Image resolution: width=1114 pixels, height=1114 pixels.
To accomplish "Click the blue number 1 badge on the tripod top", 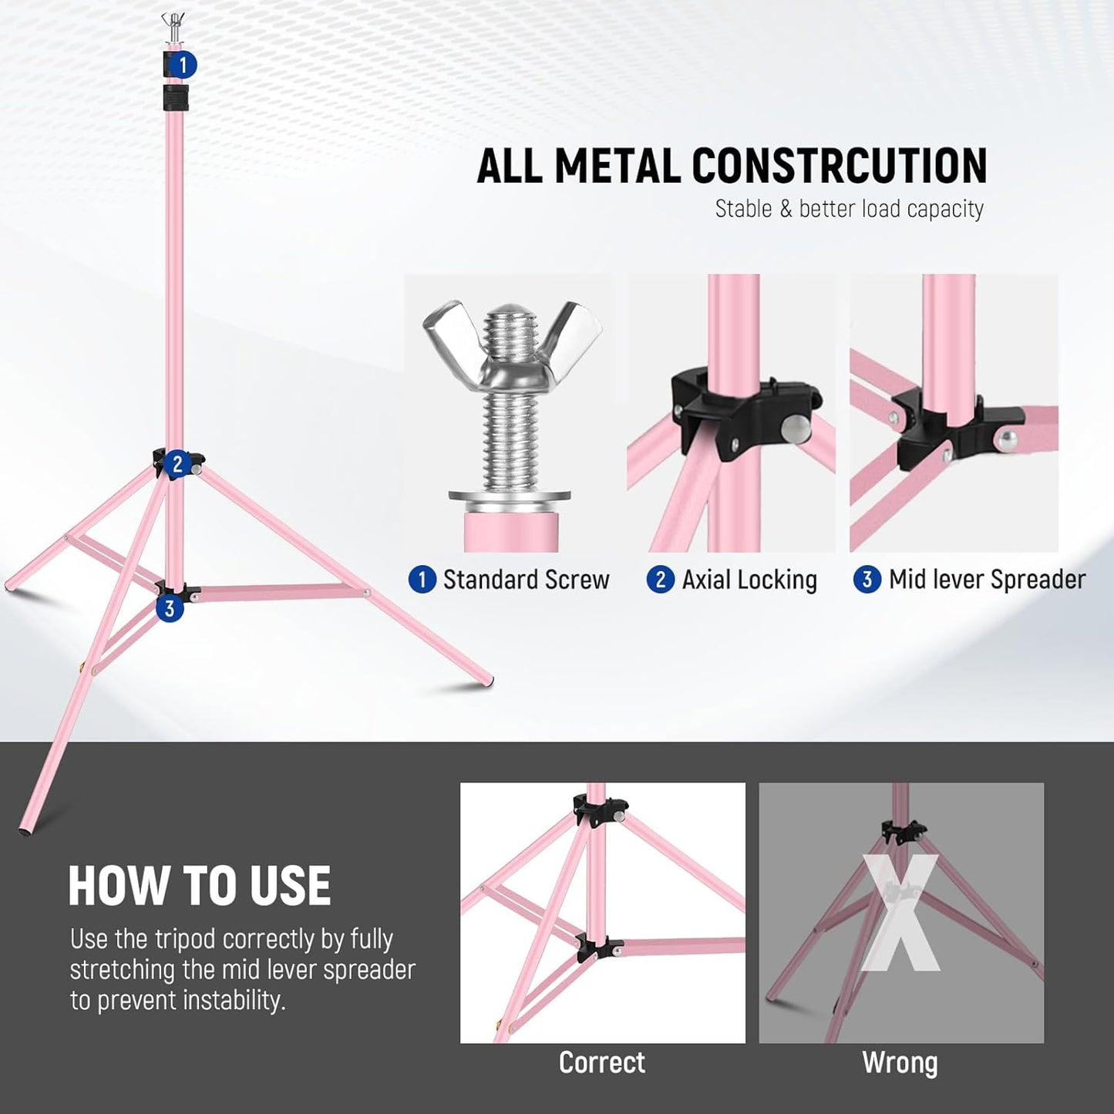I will (183, 65).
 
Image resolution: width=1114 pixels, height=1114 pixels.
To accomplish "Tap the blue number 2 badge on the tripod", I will (177, 464).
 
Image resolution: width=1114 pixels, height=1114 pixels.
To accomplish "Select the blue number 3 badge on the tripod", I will (170, 608).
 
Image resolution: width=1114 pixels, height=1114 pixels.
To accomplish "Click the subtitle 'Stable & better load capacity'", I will (849, 209).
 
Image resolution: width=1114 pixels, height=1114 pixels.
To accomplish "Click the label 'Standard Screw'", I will (526, 580).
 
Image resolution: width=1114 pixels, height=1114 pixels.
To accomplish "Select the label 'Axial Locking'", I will (749, 580).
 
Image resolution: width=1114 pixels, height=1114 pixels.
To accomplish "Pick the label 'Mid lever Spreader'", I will (987, 580).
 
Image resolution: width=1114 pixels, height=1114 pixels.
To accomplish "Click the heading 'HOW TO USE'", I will (200, 886).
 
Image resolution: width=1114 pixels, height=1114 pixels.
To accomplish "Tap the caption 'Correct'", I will (602, 1062).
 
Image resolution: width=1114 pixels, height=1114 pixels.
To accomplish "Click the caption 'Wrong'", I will (900, 1062).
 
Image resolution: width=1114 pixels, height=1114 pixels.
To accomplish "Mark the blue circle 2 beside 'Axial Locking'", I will (660, 580).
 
